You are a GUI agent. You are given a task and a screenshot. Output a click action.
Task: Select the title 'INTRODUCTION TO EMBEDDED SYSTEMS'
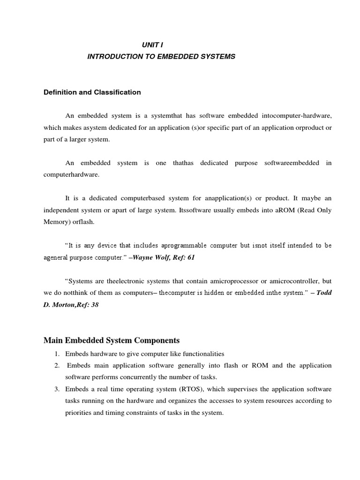pos(161,57)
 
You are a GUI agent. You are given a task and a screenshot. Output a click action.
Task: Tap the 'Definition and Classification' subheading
pos(92,92)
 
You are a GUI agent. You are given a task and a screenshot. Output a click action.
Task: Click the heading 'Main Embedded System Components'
pos(111,340)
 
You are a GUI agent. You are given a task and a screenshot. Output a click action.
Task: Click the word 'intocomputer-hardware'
pos(297,115)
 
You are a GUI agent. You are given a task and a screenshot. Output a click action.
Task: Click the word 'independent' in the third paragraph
pos(63,210)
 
